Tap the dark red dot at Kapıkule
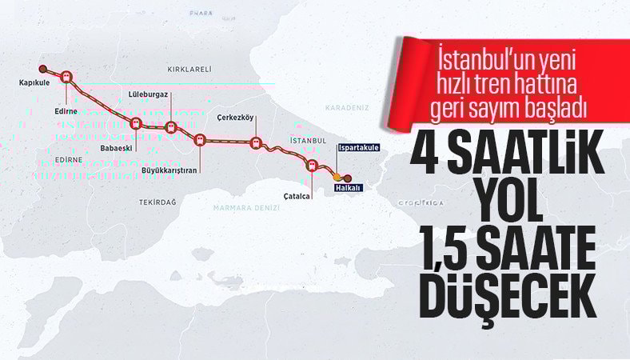pyautogui.click(x=43, y=69)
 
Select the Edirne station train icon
pyautogui.click(x=67, y=78)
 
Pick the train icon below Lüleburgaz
pyautogui.click(x=170, y=126)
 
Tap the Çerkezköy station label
pyautogui.click(x=235, y=118)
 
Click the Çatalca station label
pyautogui.click(x=296, y=194)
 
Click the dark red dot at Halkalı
pyautogui.click(x=348, y=178)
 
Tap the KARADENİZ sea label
pyautogui.click(x=345, y=106)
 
